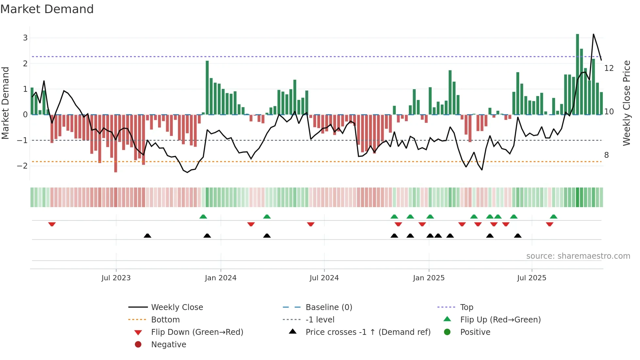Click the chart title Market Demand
(47, 9)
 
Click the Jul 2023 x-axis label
(116, 278)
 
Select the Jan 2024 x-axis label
(220, 278)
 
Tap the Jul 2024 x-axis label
(324, 278)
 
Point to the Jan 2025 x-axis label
(428, 278)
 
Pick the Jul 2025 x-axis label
(532, 278)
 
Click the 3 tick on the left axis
(25, 38)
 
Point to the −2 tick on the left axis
(22, 166)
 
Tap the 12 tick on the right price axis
(609, 68)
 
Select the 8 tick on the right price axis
(606, 155)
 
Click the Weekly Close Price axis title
(626, 103)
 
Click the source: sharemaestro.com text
(578, 256)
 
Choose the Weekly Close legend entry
(177, 307)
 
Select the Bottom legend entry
(165, 319)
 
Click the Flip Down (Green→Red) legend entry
(197, 332)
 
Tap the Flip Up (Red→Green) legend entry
(500, 319)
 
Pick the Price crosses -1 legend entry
(368, 332)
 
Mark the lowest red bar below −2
(116, 144)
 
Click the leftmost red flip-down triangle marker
(52, 224)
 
